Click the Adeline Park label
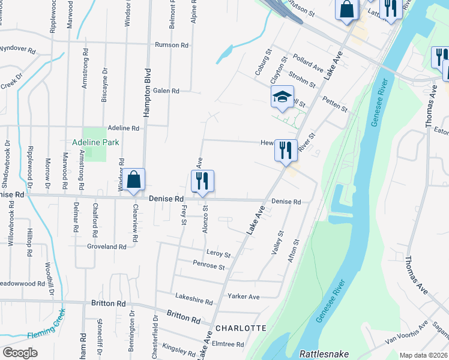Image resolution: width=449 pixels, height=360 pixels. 95,142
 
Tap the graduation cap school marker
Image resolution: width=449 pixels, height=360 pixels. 282,98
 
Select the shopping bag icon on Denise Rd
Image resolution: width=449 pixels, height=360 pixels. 135,180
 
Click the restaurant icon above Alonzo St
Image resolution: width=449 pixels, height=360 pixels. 202,181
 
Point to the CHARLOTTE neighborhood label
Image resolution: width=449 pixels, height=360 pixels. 240,328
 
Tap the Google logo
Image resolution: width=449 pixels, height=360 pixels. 20,353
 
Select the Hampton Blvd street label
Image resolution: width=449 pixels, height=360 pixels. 145,90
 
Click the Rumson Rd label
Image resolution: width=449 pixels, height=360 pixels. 172,45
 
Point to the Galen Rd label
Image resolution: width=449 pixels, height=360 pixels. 166,91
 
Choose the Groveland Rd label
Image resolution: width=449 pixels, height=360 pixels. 107,247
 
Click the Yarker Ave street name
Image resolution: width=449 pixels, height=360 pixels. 243,296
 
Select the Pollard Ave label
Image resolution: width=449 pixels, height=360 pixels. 309,63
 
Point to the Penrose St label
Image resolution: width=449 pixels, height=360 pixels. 209,265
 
